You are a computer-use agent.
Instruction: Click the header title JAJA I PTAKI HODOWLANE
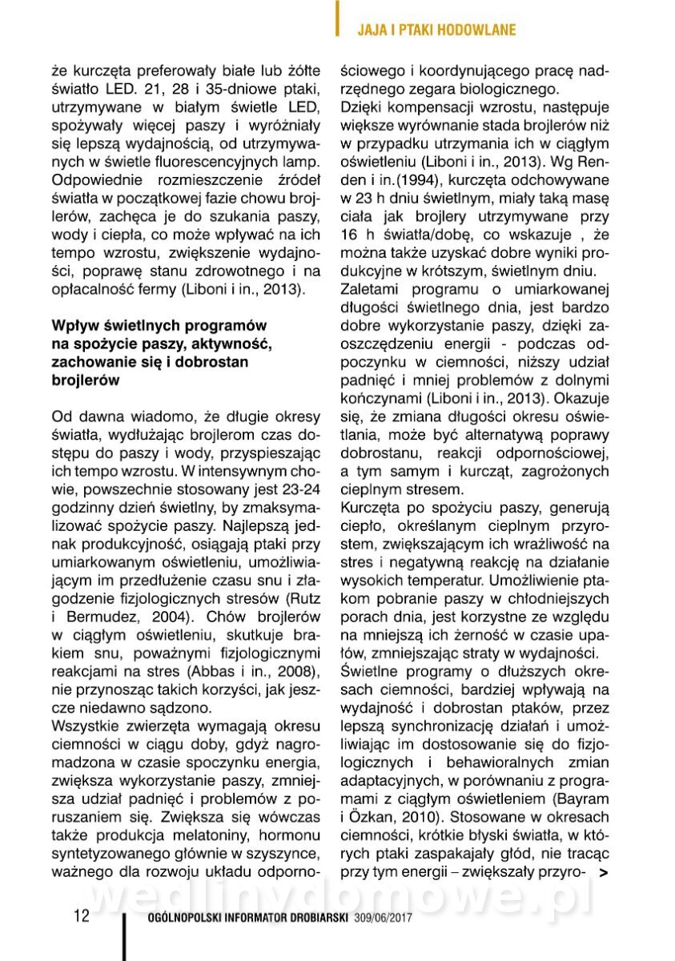pos(436,30)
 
